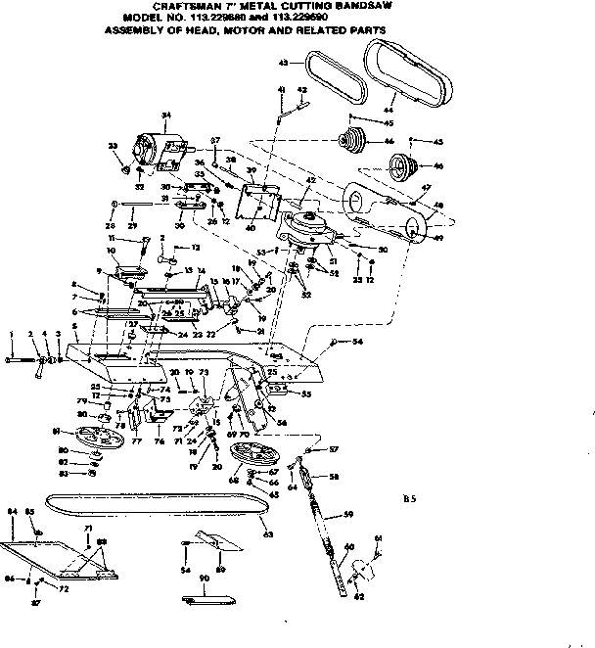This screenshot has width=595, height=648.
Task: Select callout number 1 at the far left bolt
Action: [11, 334]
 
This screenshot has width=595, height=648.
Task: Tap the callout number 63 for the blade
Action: [267, 534]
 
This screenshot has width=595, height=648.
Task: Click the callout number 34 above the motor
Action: [165, 116]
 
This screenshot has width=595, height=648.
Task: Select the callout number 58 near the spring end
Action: [334, 477]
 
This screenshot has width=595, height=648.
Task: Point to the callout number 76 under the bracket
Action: [159, 441]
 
